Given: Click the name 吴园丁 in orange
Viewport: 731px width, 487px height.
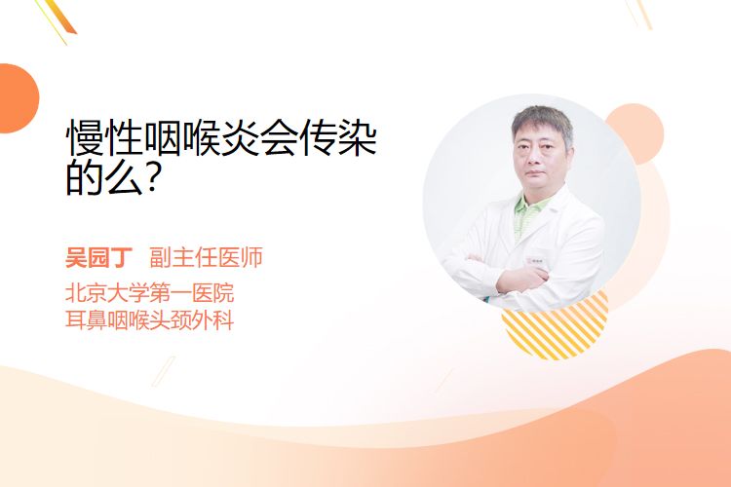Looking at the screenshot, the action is (x=98, y=257).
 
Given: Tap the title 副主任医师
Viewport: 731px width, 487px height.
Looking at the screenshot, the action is (x=206, y=257).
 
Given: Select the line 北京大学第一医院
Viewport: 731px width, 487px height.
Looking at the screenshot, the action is (x=149, y=293).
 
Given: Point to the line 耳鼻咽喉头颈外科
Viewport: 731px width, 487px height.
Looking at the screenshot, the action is (x=149, y=320).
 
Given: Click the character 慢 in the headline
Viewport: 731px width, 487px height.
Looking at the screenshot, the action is (x=85, y=138).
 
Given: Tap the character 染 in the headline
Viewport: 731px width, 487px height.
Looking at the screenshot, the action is (x=357, y=138).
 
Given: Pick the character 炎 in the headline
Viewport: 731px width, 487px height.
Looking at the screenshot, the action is (x=241, y=138).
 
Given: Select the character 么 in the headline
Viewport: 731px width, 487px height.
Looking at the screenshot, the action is (x=125, y=178).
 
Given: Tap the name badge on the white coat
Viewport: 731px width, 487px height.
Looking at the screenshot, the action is (x=536, y=261).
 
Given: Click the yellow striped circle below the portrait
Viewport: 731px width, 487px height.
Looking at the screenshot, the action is (x=555, y=326).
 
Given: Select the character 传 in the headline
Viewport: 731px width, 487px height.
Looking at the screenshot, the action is (x=318, y=138).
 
